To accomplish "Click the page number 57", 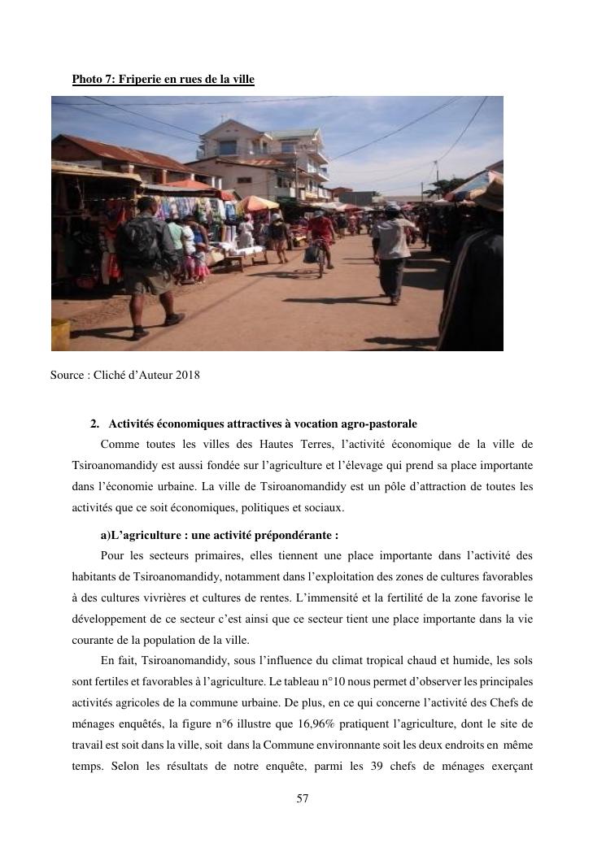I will (x=303, y=798).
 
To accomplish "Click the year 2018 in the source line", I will (x=186, y=375).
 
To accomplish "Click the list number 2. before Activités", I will (x=94, y=424).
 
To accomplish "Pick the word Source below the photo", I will (x=66, y=375).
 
